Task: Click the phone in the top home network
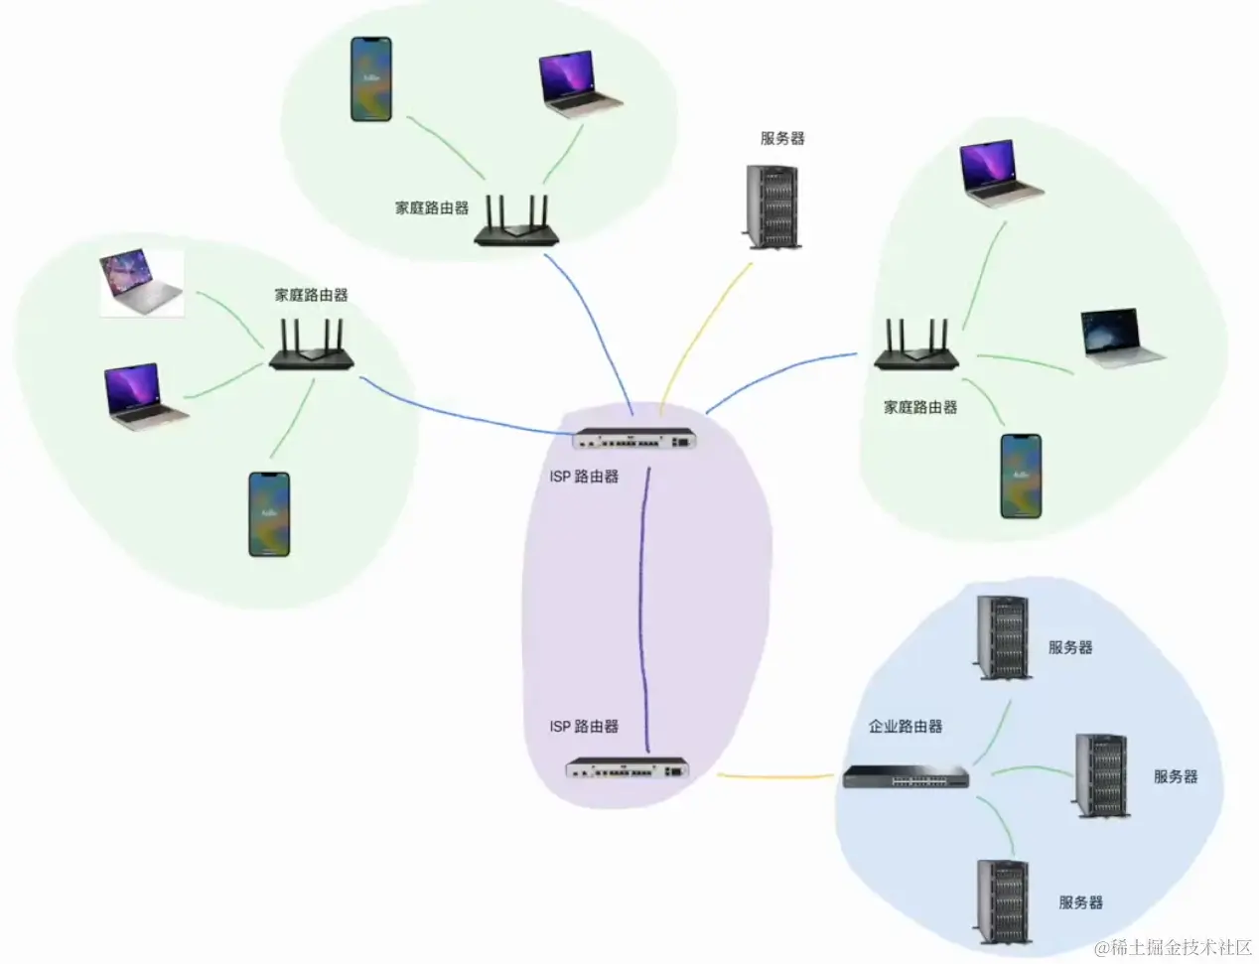[x=371, y=79]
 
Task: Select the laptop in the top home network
[x=580, y=83]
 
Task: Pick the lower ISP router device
[x=627, y=767]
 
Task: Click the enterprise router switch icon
[x=906, y=777]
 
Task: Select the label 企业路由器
[x=905, y=727]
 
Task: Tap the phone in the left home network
[x=269, y=514]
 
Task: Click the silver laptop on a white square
[x=141, y=285]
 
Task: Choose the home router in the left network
[x=311, y=348]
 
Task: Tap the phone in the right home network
[x=1021, y=476]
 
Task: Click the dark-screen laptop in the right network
[x=1123, y=335]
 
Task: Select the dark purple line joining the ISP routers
[x=645, y=606]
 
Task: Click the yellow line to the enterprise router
[x=774, y=775]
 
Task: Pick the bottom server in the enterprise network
[x=1001, y=900]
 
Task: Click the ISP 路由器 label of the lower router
[x=584, y=727]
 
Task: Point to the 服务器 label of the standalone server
[x=782, y=139]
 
